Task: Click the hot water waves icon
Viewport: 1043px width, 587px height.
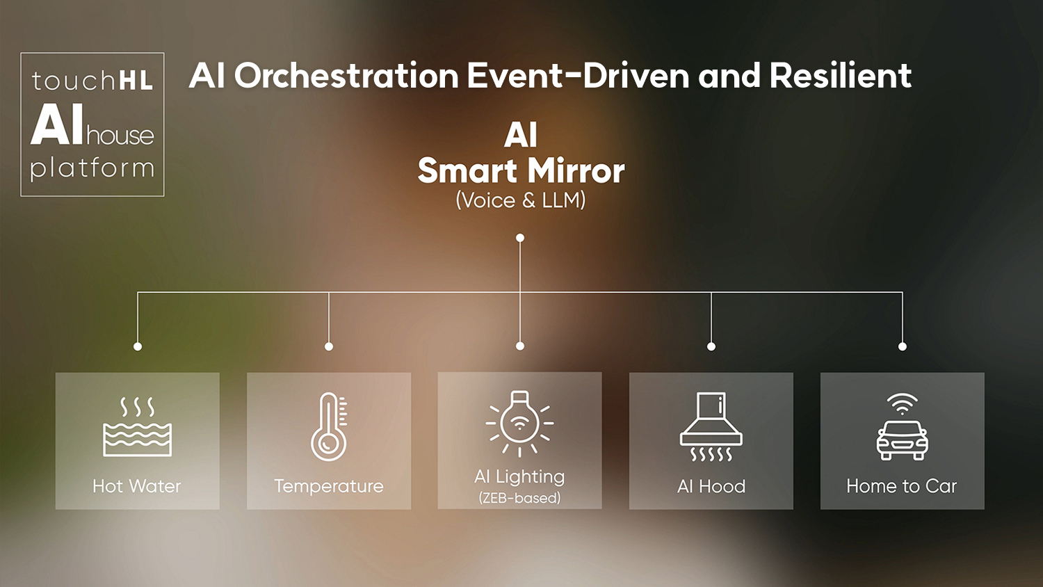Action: [138, 426]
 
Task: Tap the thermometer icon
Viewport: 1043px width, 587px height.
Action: [329, 426]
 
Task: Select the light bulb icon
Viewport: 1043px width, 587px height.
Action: [519, 423]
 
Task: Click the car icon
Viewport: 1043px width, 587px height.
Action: [902, 440]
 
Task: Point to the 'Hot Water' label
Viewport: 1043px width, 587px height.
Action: [137, 486]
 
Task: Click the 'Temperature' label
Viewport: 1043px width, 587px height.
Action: [329, 486]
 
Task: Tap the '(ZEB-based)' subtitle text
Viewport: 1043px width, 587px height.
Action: [519, 498]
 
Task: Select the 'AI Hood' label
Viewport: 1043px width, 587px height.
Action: [711, 486]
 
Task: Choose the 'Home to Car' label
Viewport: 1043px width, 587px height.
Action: [902, 486]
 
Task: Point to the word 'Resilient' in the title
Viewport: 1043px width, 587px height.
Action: [841, 76]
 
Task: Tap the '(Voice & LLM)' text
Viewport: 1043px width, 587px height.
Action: [521, 200]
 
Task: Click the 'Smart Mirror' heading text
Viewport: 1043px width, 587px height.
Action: [521, 170]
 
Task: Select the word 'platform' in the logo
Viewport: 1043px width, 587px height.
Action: [92, 168]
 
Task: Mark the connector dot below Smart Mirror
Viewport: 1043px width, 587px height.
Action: [520, 238]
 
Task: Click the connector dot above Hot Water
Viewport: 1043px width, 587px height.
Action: [138, 346]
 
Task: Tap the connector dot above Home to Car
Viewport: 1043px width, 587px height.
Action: [903, 346]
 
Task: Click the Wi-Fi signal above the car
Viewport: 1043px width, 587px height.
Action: [902, 404]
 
